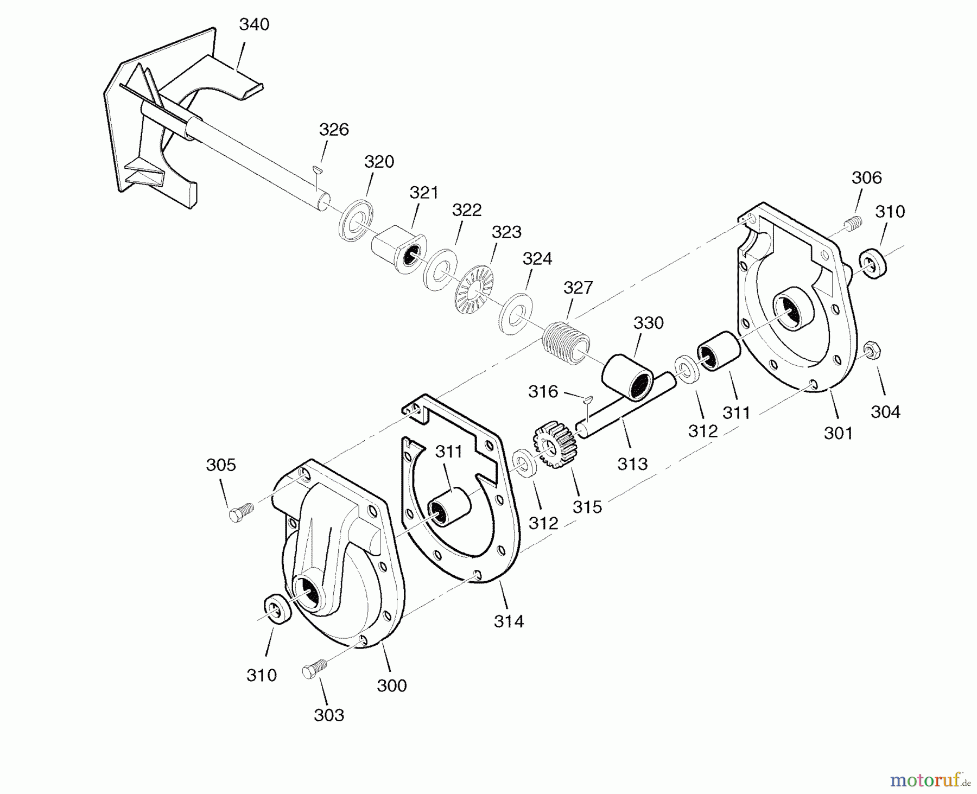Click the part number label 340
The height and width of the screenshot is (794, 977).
click(x=254, y=24)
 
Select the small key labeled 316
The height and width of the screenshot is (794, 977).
click(x=587, y=400)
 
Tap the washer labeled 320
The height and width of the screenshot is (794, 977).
click(x=356, y=220)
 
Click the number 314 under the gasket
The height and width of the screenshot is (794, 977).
click(x=509, y=621)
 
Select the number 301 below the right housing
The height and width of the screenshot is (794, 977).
click(x=838, y=433)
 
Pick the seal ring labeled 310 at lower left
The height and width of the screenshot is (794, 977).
click(x=277, y=611)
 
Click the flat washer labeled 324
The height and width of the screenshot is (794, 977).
click(x=515, y=314)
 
